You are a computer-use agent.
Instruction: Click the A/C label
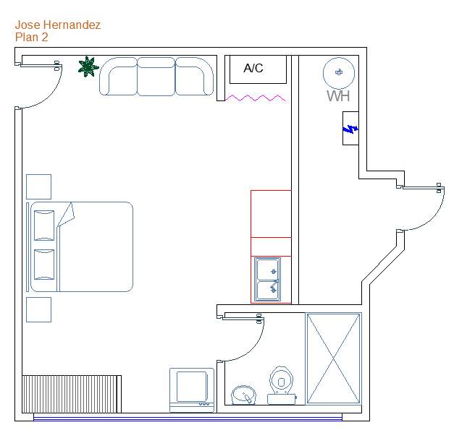[x=253, y=68]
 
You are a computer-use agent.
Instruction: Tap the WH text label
[x=338, y=96]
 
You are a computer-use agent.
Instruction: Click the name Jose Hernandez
[x=58, y=25]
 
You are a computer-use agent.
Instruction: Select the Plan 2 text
[x=32, y=38]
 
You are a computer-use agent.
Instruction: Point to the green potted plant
[x=88, y=67]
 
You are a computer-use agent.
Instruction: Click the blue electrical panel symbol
[x=350, y=129]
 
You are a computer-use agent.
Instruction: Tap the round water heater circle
[x=339, y=73]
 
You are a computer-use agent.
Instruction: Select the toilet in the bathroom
[x=281, y=385]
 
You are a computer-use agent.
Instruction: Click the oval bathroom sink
[x=244, y=395]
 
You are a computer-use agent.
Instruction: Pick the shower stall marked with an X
[x=333, y=358]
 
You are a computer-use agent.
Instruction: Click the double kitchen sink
[x=268, y=280]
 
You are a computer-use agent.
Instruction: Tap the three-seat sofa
[x=156, y=77]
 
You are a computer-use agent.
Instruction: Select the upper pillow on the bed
[x=44, y=226]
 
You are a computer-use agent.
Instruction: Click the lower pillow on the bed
[x=44, y=265]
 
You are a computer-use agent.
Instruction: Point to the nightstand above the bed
[x=39, y=186]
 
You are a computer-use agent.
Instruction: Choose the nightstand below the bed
[x=39, y=309]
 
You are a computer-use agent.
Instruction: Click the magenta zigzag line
[x=256, y=98]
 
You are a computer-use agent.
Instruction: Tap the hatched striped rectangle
[x=72, y=394]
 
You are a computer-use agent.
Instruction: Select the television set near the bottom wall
[x=192, y=390]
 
